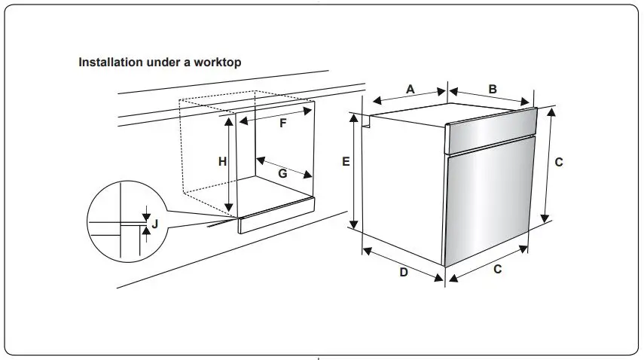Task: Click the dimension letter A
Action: pos(411,89)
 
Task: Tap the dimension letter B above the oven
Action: pos(493,89)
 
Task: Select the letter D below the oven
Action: pos(404,272)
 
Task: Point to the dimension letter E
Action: pos(345,161)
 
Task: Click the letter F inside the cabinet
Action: pos(283,124)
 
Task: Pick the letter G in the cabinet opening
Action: pos(283,173)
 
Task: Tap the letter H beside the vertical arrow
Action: pos(222,161)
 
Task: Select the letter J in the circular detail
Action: pos(154,223)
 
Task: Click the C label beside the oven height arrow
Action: pos(559,161)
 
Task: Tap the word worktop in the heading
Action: pos(219,63)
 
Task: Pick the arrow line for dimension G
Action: pos(285,168)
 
